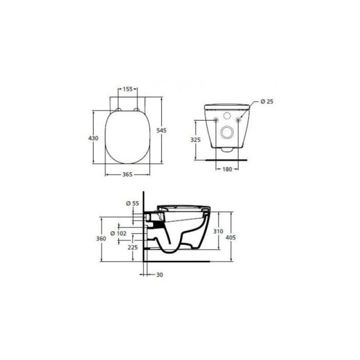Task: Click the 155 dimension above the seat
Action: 128,89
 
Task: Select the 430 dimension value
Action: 93,138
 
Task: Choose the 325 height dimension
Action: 194,139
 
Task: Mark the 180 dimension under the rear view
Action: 226,170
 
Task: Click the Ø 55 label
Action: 133,204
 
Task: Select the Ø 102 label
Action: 117,233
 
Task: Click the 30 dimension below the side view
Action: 158,275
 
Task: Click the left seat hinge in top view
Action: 118,110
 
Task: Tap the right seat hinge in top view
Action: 137,110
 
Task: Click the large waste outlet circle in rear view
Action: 227,133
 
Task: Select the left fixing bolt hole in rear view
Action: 215,121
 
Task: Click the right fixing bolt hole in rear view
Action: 238,121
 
